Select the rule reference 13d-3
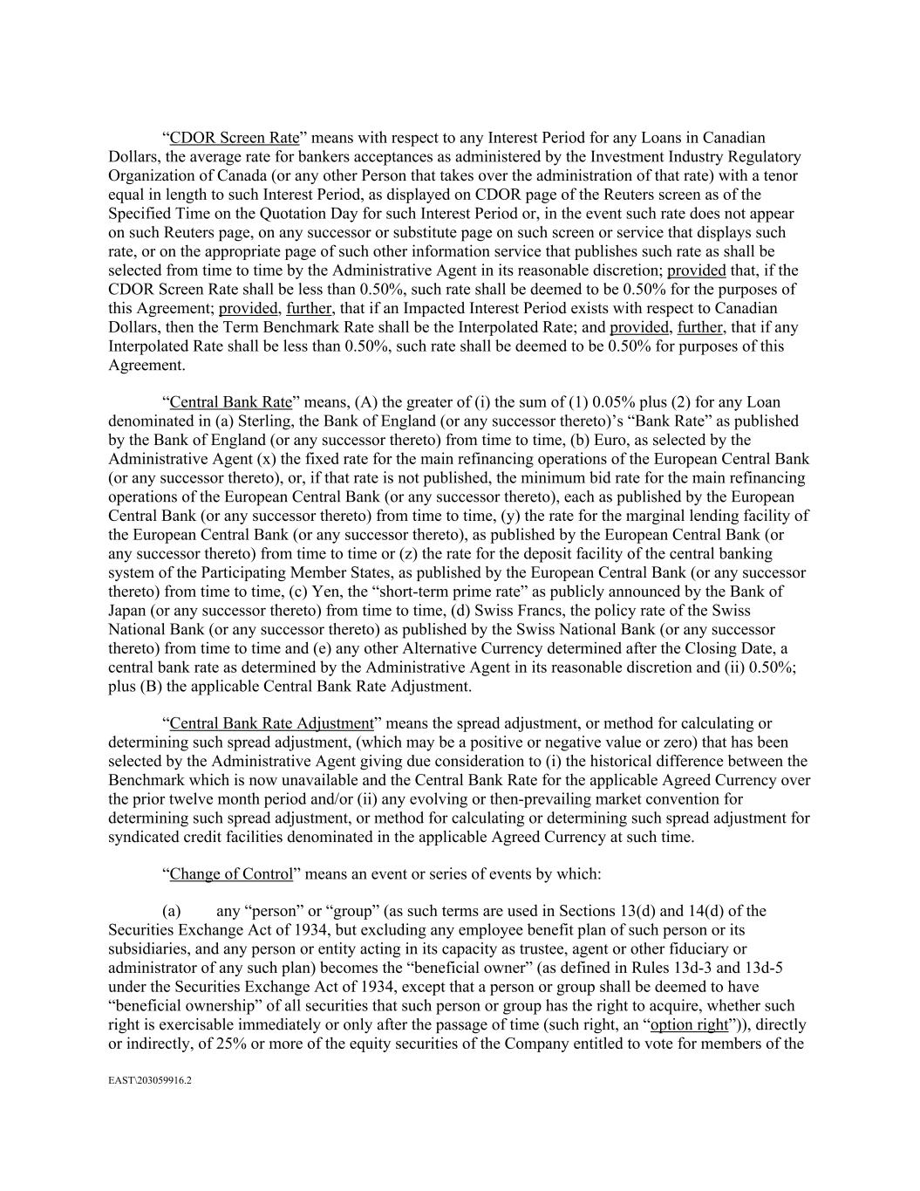coord(705,968)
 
